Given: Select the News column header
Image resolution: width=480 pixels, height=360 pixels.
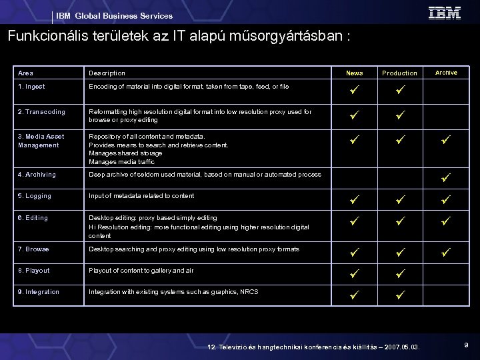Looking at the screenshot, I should click(x=355, y=73).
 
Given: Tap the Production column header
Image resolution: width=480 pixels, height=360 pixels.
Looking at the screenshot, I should click(x=399, y=73).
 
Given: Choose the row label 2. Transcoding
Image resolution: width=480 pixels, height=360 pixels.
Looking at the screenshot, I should click(x=41, y=112).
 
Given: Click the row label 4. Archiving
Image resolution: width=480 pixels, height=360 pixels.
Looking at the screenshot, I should click(x=37, y=175).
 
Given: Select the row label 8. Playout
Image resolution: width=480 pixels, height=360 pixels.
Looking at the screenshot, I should click(x=34, y=271).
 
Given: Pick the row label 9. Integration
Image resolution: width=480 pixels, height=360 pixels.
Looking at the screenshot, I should click(x=39, y=292).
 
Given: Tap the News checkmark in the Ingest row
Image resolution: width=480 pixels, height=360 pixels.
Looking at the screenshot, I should click(x=355, y=90).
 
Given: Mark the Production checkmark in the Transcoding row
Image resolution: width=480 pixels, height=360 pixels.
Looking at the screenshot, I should click(x=399, y=115).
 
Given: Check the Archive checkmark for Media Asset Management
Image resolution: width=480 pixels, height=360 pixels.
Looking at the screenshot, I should click(x=445, y=141).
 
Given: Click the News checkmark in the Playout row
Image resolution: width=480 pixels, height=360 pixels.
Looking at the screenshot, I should click(x=355, y=273).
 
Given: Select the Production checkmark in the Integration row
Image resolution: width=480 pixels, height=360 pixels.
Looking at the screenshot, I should click(x=399, y=294).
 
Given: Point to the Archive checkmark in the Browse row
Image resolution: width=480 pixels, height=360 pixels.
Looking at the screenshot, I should click(x=445, y=251).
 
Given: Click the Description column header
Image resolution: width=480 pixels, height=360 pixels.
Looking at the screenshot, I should click(x=107, y=73).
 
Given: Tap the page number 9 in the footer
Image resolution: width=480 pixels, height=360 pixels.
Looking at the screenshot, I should click(x=465, y=345).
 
